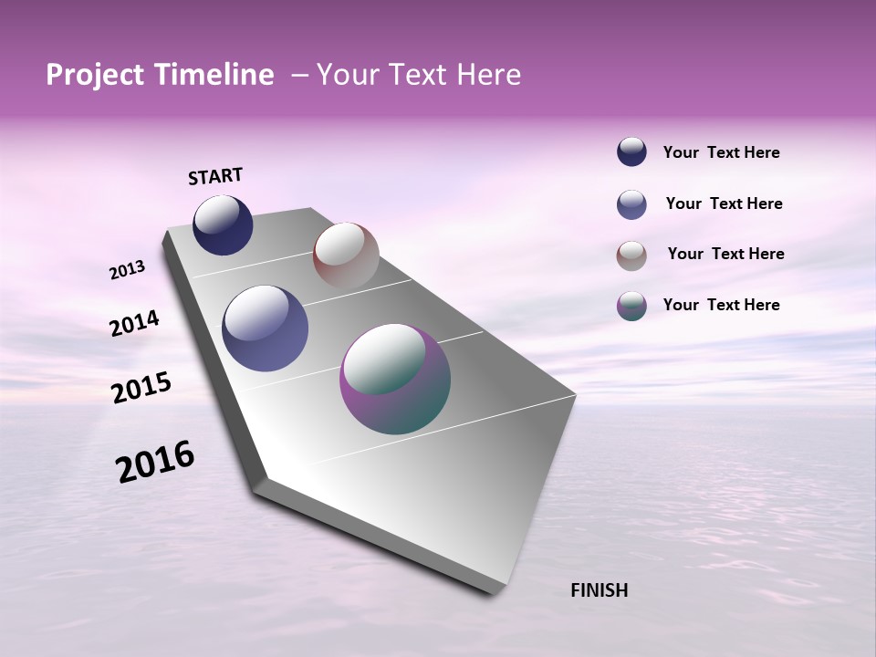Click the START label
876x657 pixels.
pyautogui.click(x=215, y=176)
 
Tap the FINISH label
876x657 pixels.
pyautogui.click(x=599, y=589)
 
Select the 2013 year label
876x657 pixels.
pyautogui.click(x=127, y=270)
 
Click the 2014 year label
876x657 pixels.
pyautogui.click(x=134, y=323)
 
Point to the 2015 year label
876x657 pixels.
pyautogui.click(x=141, y=388)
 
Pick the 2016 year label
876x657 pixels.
pyautogui.click(x=155, y=461)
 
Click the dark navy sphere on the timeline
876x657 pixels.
pyautogui.click(x=223, y=225)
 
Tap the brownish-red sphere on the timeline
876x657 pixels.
pyautogui.click(x=346, y=255)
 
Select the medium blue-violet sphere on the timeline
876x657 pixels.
pyautogui.click(x=266, y=328)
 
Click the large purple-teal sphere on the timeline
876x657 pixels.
pyautogui.click(x=395, y=379)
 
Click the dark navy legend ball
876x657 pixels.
pyautogui.click(x=631, y=151)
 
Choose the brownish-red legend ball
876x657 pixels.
pyautogui.click(x=631, y=255)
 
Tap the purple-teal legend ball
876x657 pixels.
pyautogui.click(x=631, y=306)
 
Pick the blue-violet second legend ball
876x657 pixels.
pyautogui.click(x=631, y=204)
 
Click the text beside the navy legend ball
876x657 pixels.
pyautogui.click(x=721, y=152)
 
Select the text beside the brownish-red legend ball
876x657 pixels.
pyautogui.click(x=725, y=254)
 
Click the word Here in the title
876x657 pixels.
pyautogui.click(x=488, y=75)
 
